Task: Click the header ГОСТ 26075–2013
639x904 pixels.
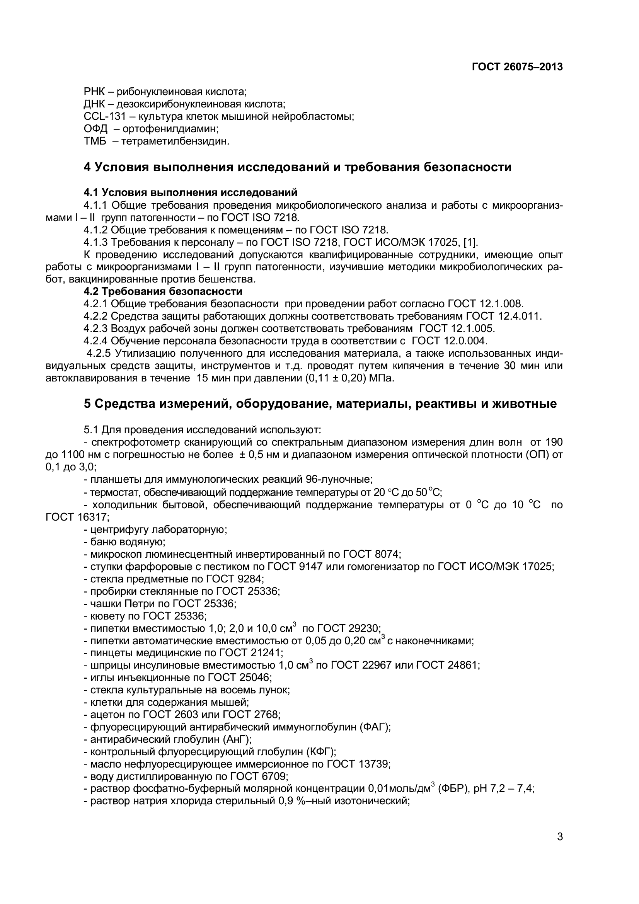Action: [x=517, y=67]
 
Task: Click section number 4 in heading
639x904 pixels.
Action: [x=87, y=167]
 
